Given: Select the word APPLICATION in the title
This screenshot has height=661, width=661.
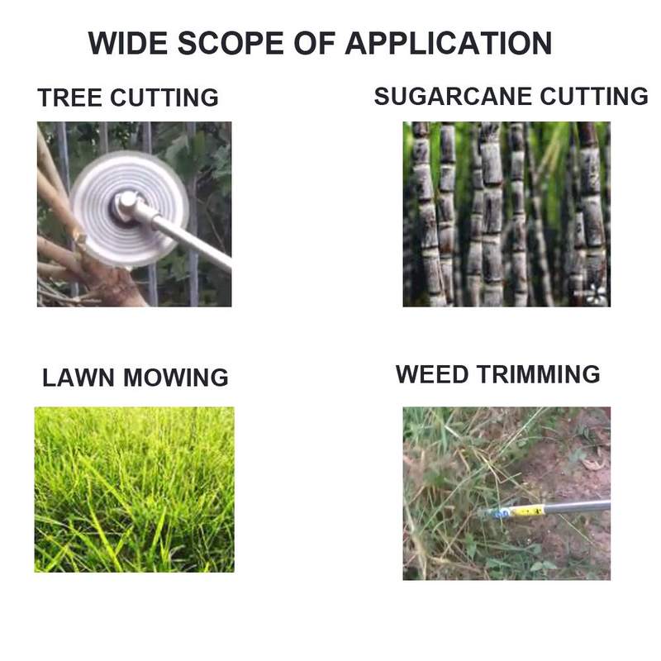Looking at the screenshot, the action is [x=449, y=43].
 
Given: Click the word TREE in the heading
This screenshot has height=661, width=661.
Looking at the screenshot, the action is [x=70, y=97].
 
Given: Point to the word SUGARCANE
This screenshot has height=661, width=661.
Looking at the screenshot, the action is [x=453, y=97].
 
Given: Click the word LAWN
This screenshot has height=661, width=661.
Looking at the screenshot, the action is [x=78, y=378].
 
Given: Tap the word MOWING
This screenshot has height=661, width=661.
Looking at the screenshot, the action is [x=176, y=378].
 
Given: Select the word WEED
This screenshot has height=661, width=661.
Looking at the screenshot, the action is [x=432, y=374].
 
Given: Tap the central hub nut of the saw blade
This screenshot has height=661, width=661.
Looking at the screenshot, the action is [x=126, y=204].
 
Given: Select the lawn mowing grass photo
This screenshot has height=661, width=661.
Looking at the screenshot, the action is [x=134, y=489].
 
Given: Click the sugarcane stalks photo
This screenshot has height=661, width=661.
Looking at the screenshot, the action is [x=506, y=214].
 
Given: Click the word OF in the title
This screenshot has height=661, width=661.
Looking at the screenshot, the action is [x=315, y=43].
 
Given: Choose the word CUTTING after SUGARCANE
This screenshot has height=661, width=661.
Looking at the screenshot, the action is [x=594, y=97].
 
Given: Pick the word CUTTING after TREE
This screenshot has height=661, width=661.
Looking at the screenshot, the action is [x=164, y=97].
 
